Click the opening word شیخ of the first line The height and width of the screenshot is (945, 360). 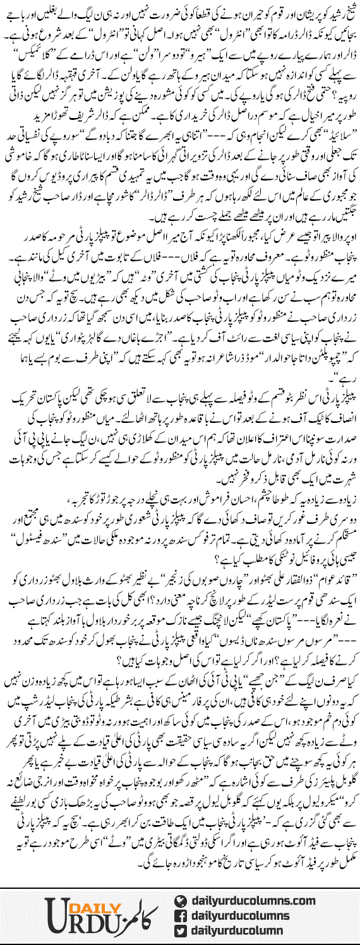coord(346,9)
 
